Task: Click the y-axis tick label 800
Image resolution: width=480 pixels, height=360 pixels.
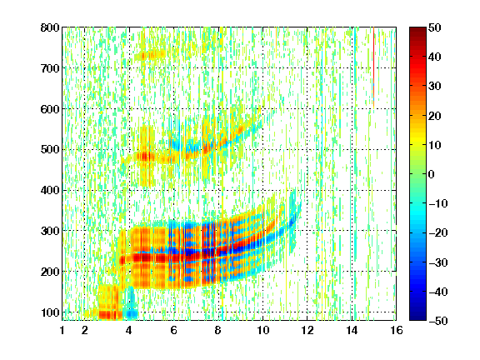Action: (x=50, y=27)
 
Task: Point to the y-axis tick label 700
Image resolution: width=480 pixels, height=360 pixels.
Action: (x=50, y=68)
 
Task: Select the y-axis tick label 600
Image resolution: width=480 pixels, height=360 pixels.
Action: (x=50, y=109)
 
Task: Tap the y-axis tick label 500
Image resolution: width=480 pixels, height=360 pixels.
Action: (x=50, y=150)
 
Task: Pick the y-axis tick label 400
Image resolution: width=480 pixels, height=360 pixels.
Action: (x=50, y=190)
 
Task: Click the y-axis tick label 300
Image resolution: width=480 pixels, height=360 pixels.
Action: (x=50, y=231)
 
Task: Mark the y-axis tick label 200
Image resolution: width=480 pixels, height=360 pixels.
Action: (x=50, y=272)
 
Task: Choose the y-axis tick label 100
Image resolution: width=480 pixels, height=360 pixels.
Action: (x=50, y=312)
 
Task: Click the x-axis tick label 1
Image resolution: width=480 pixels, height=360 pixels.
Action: (x=62, y=330)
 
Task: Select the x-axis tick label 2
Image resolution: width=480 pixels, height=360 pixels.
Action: (x=85, y=330)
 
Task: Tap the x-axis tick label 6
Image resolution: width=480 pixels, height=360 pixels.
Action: (x=174, y=330)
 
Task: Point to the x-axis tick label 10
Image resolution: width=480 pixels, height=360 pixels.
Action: (x=262, y=330)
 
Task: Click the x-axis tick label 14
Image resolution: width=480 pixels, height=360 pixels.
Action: (x=352, y=330)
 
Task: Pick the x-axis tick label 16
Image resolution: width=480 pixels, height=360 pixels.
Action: (x=397, y=330)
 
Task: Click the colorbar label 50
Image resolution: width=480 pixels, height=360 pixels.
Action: (x=435, y=27)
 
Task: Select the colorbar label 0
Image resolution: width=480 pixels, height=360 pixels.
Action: (x=432, y=174)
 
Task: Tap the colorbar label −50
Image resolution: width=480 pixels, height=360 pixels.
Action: (x=438, y=321)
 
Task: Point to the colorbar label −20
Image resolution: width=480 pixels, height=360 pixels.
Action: (x=438, y=233)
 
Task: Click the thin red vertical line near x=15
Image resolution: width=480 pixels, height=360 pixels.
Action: (x=374, y=67)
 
